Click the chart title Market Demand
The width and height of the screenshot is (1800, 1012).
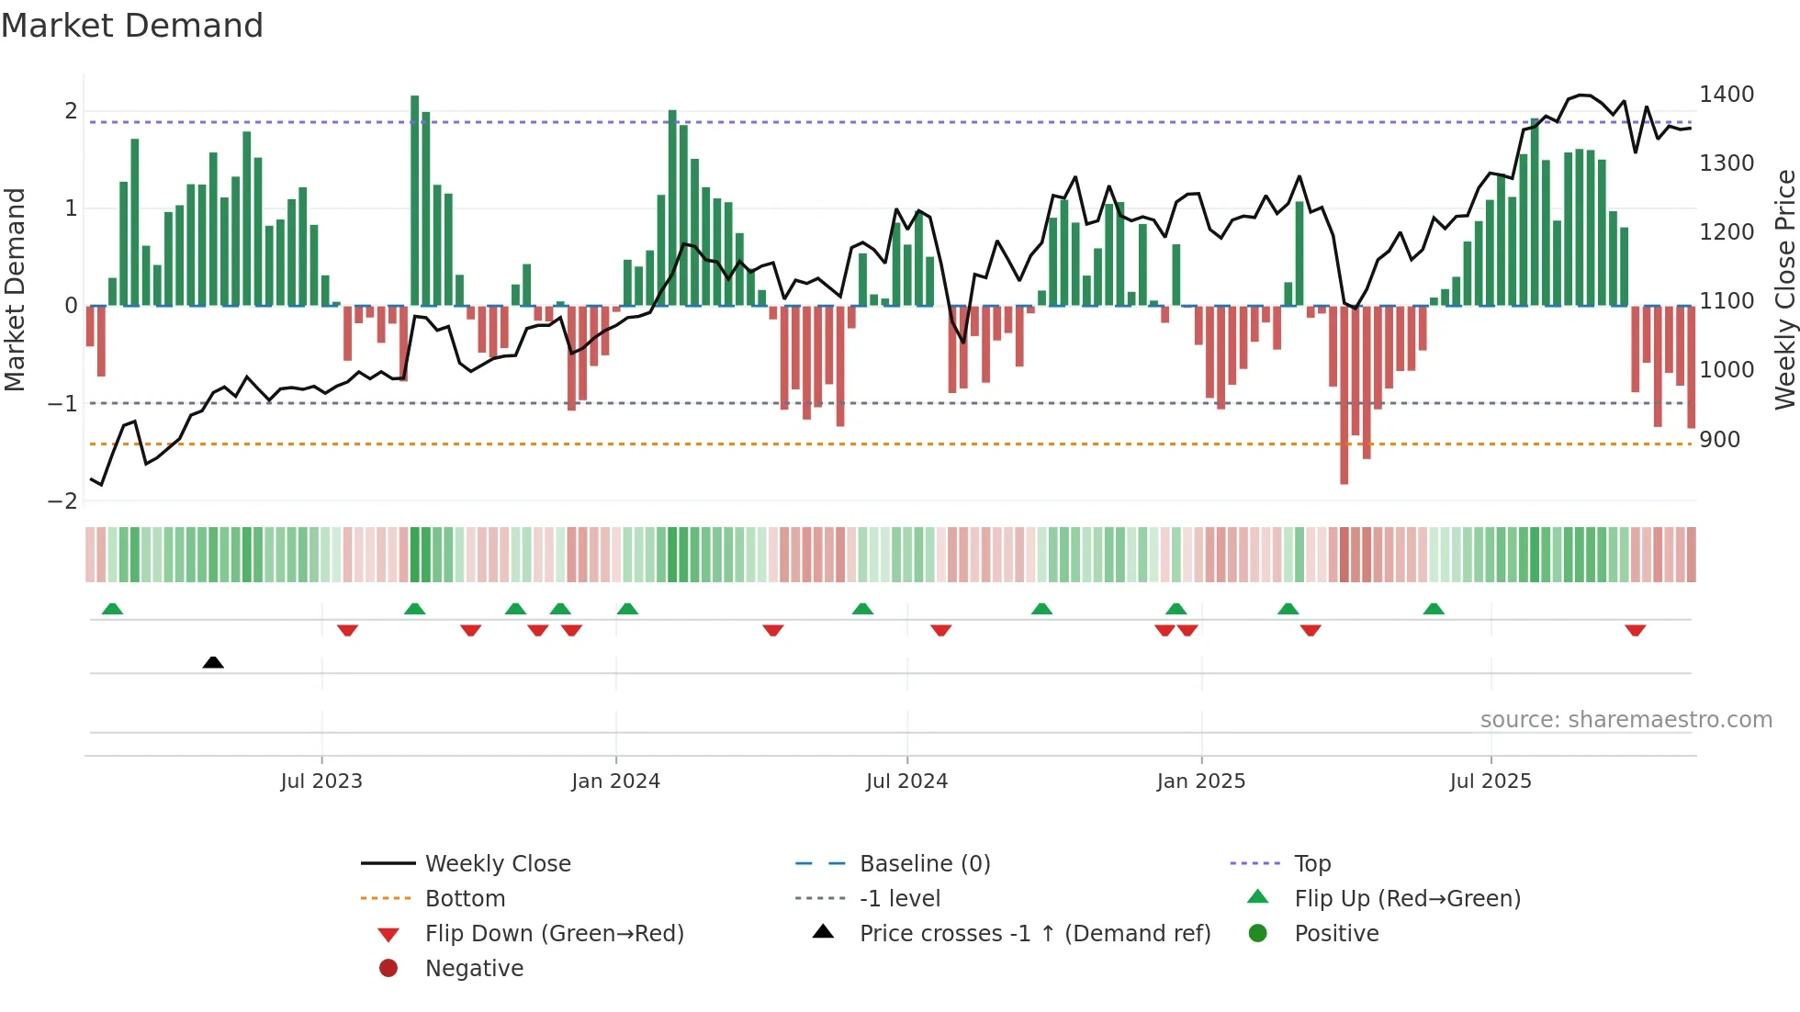tap(132, 26)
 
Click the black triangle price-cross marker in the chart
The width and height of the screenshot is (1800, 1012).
tap(213, 662)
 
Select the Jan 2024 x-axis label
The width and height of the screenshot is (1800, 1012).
tap(615, 781)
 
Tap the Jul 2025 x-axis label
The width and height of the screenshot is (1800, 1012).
tap(1491, 781)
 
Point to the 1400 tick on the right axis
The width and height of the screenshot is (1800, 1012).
tap(1726, 95)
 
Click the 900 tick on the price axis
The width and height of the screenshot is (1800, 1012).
tap(1719, 440)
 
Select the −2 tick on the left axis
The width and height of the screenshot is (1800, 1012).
tap(62, 501)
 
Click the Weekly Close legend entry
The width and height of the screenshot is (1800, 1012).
tap(497, 864)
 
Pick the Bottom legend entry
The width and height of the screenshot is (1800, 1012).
tap(465, 899)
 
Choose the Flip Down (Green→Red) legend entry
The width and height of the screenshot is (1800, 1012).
tap(554, 934)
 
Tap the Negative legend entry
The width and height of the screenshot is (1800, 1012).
tap(474, 969)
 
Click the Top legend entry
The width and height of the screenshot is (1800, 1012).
tap(1311, 864)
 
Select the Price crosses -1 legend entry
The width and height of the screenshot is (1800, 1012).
tap(1034, 934)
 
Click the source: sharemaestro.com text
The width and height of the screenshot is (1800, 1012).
tap(1626, 720)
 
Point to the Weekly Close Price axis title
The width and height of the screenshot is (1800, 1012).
tap(1784, 289)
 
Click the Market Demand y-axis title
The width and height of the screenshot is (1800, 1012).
tap(15, 289)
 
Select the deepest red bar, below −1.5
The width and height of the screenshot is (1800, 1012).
tap(1344, 395)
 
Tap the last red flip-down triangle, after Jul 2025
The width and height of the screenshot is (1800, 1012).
tap(1635, 630)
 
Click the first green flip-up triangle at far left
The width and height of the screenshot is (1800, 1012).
tap(112, 609)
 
